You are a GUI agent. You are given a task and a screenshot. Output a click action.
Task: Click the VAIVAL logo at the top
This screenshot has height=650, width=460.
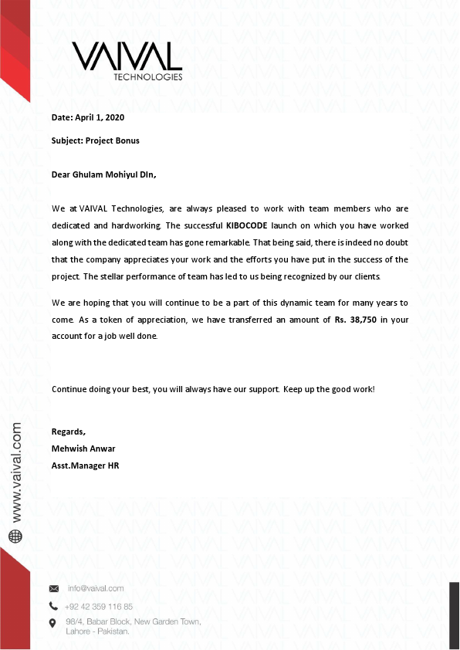(x=127, y=56)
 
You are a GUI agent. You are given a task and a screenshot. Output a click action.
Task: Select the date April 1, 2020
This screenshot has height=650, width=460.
(x=100, y=118)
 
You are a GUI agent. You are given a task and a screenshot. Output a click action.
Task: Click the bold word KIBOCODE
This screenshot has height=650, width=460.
(x=246, y=225)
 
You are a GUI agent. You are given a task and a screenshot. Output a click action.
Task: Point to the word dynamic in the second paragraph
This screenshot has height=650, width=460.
(x=300, y=303)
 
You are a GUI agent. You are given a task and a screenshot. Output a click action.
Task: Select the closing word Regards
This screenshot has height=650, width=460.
(x=68, y=432)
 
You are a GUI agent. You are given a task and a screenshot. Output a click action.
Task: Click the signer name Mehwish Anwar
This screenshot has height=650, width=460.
(x=83, y=449)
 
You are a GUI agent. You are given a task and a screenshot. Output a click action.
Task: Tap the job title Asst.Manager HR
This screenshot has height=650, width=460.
(x=85, y=465)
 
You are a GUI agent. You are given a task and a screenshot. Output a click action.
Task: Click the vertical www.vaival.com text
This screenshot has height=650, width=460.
(x=16, y=472)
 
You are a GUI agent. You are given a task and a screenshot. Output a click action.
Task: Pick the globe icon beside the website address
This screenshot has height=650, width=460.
(x=15, y=535)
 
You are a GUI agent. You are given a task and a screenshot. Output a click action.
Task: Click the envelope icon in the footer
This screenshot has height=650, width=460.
(x=53, y=588)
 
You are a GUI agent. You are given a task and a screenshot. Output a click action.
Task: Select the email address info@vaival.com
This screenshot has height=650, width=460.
(x=96, y=588)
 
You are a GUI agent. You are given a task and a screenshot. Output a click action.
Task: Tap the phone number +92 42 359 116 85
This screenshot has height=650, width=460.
(x=99, y=606)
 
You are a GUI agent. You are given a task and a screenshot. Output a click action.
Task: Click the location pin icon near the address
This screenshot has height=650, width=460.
(x=53, y=623)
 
